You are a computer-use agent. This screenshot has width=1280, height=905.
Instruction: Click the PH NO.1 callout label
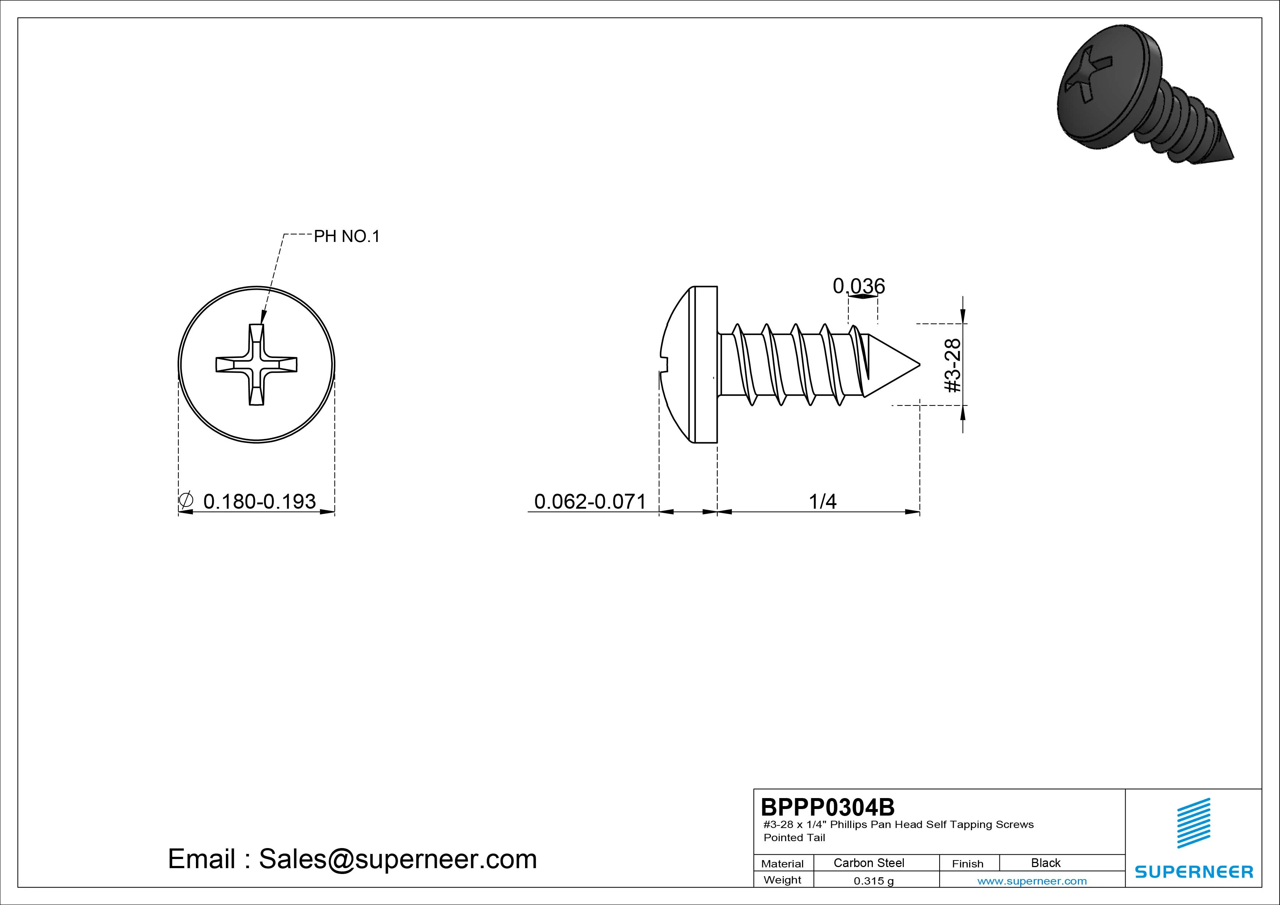point(346,236)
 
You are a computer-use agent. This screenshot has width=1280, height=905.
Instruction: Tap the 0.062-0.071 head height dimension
point(590,501)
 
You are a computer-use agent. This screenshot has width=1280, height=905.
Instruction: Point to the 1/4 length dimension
point(823,501)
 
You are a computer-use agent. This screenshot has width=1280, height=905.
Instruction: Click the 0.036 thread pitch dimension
point(859,286)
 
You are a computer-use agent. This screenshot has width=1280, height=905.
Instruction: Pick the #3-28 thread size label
point(953,365)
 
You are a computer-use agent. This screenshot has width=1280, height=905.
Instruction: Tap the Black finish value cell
point(1045,863)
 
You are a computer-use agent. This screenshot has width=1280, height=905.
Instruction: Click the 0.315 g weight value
point(874,881)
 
